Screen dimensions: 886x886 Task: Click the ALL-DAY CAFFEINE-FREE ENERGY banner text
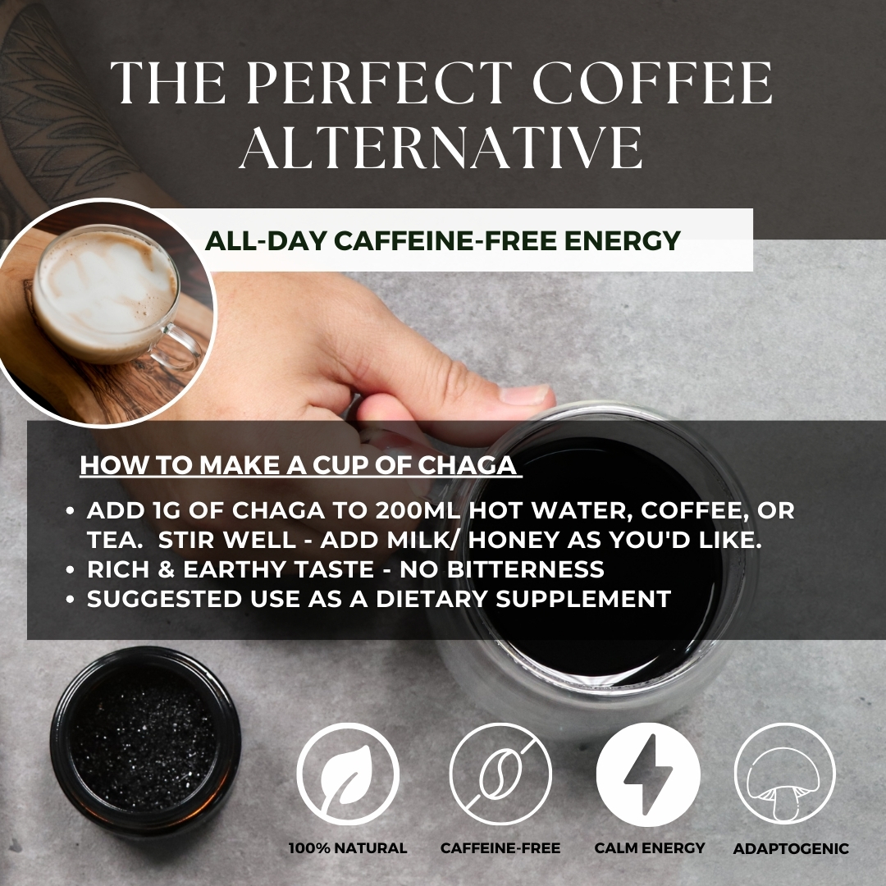(443, 240)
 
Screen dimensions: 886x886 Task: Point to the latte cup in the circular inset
(107, 295)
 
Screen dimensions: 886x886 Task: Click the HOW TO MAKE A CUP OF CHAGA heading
(300, 465)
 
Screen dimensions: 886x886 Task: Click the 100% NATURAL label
(348, 848)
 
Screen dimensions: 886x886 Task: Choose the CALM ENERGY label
(649, 847)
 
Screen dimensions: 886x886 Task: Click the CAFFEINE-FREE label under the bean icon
(500, 848)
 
